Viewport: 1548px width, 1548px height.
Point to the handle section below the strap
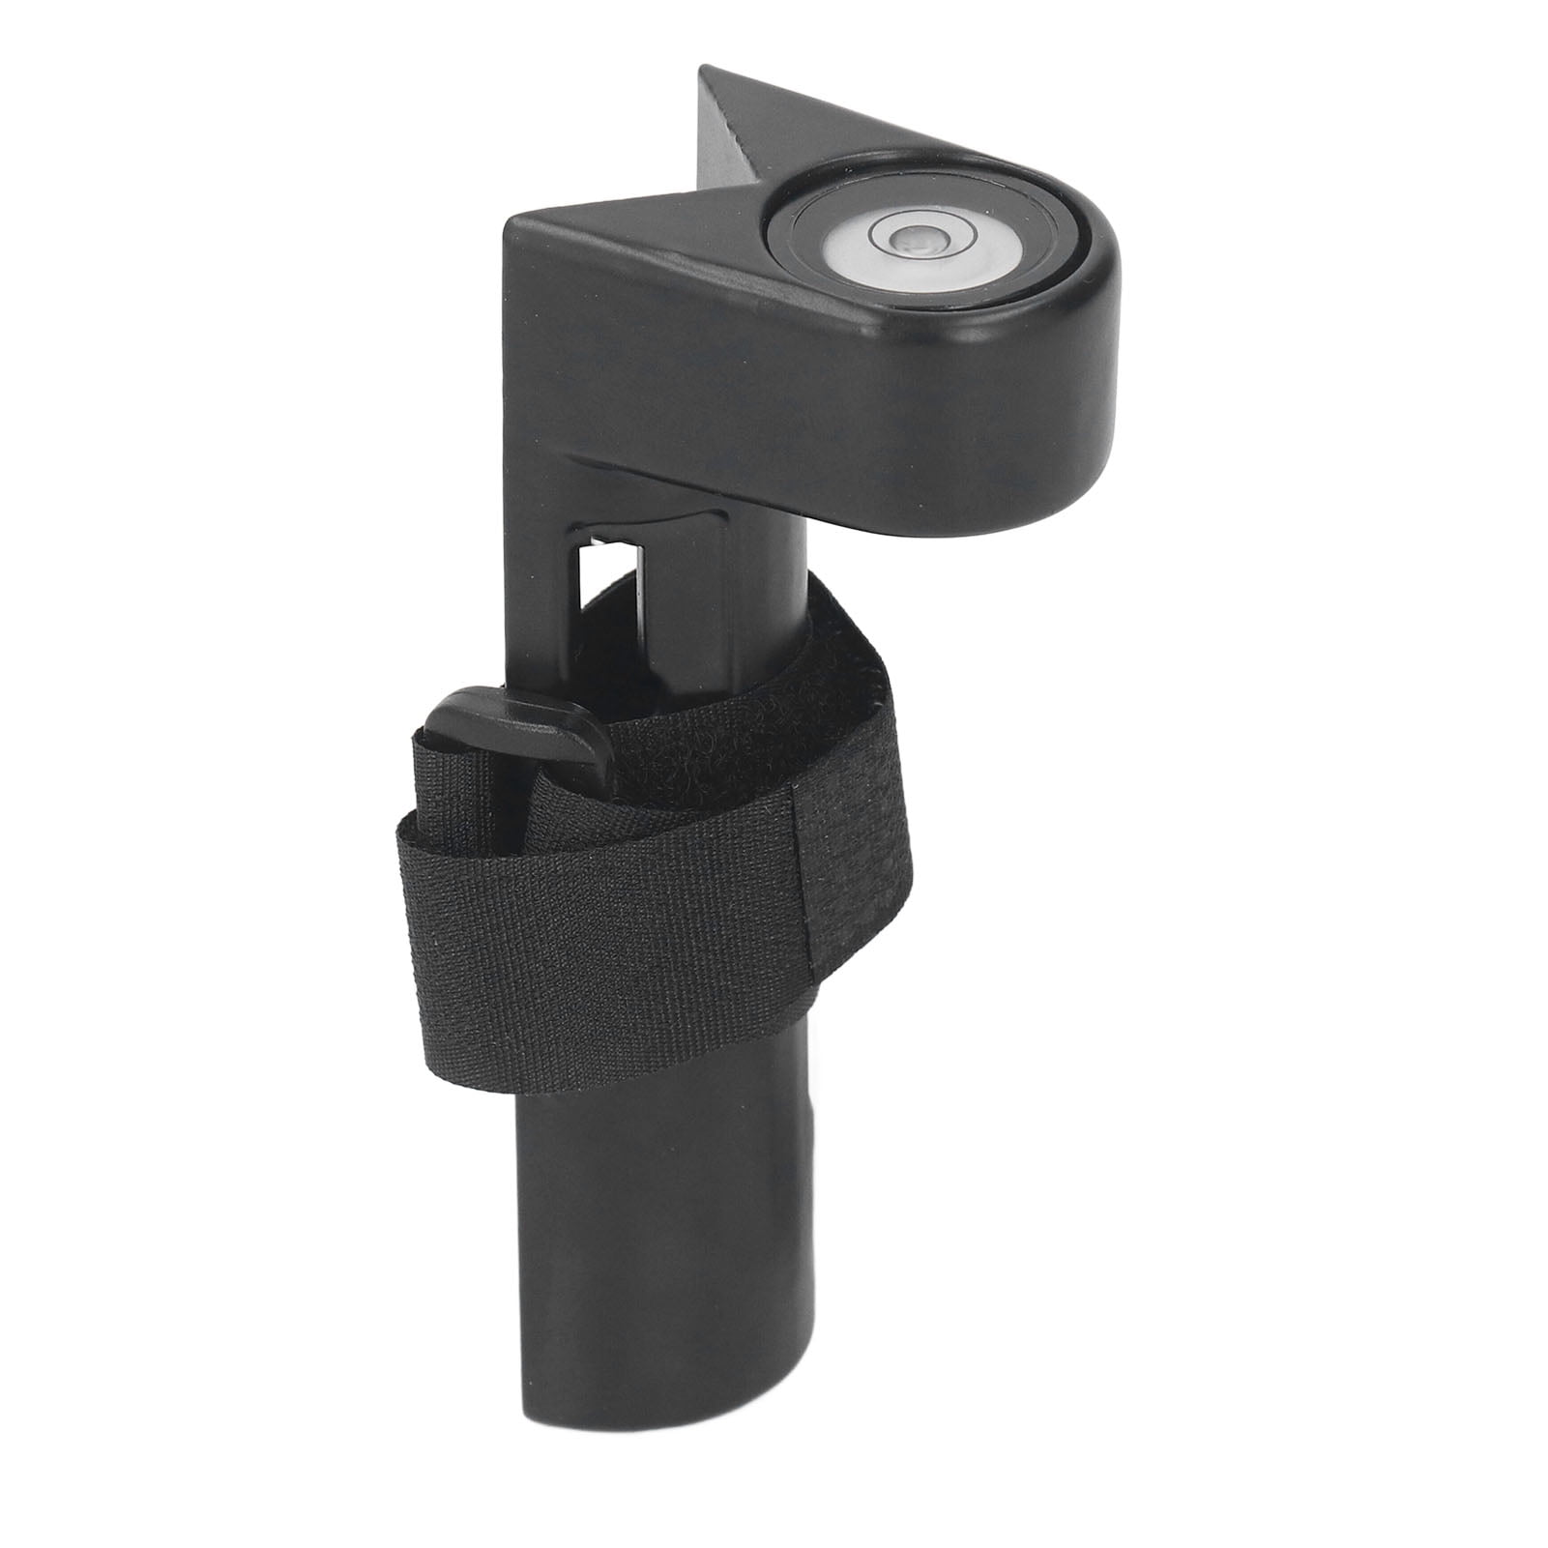628,1209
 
